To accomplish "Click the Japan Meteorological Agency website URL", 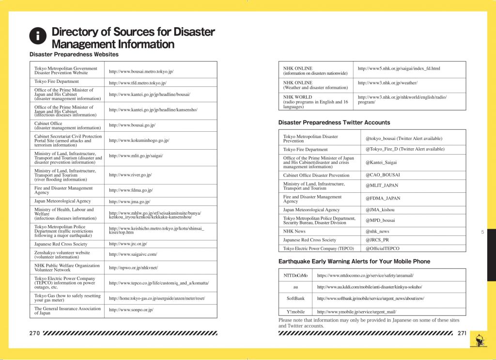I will coord(129,202).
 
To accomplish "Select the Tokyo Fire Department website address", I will coord(138,83).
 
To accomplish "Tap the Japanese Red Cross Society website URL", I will coord(128,244).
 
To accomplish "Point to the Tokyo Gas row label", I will coord(67,298).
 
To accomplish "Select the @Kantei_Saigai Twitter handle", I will coord(381,162).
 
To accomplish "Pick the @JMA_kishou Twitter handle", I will coord(380,210).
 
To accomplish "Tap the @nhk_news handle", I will coord(377,232).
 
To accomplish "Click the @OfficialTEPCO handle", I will coord(383,249).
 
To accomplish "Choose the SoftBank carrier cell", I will coord(295,298).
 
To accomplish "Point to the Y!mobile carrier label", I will coord(295,312).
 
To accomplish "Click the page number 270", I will coord(34,333).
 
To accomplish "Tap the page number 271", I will coord(463,333).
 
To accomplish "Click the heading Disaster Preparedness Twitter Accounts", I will coord(334,123).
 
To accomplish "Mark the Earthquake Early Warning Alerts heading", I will coord(354,262).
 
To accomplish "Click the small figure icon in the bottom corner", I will coord(479,339).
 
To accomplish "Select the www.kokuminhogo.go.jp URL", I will coord(139,141).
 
